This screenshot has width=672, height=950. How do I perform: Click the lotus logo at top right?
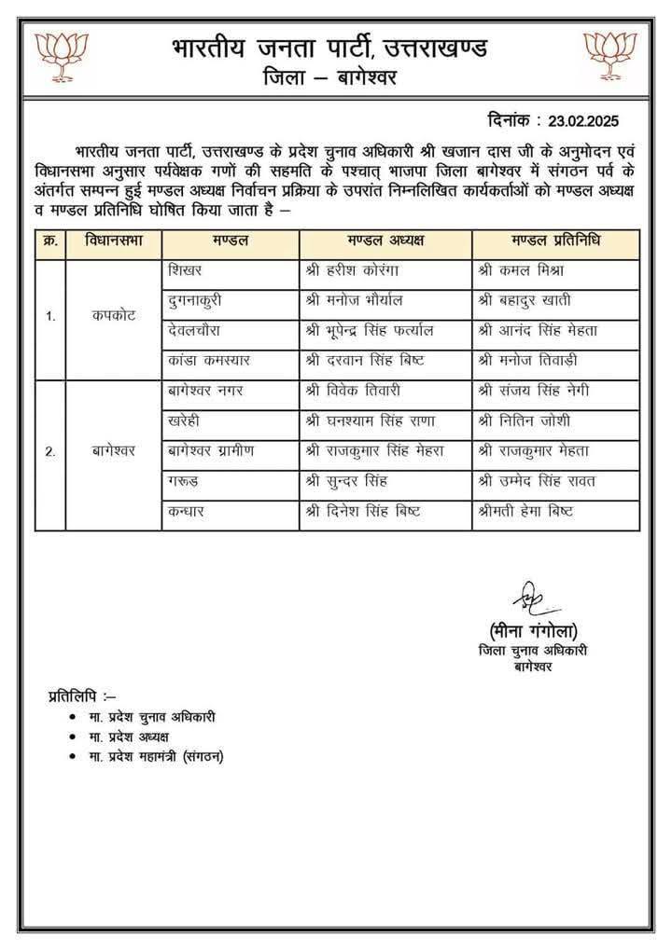[609, 53]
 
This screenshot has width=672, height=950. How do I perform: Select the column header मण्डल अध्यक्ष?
[385, 241]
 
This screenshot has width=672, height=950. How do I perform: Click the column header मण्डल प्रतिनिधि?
[555, 241]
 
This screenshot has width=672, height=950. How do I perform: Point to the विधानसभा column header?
[113, 241]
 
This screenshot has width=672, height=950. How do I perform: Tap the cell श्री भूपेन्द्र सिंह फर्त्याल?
[369, 330]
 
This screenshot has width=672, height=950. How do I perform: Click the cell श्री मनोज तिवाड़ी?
[529, 360]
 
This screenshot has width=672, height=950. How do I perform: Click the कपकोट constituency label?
[113, 315]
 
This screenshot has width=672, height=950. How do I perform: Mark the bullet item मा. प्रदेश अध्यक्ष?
[130, 737]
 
